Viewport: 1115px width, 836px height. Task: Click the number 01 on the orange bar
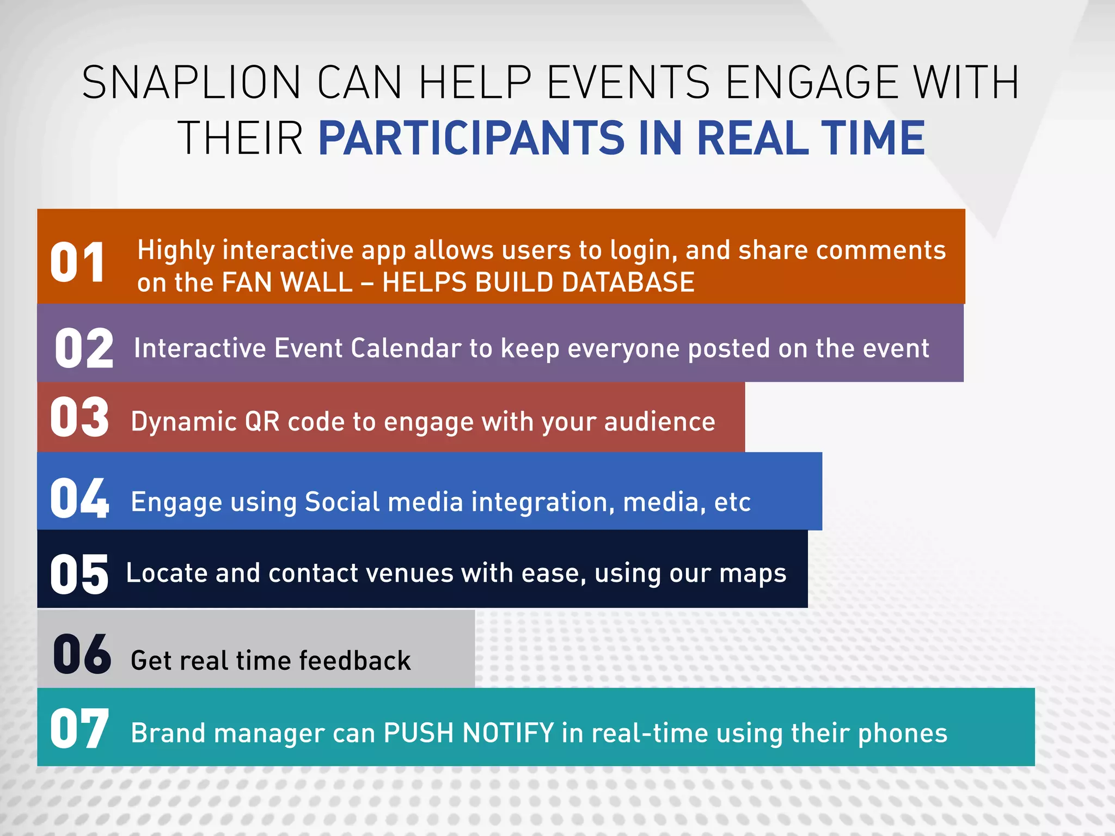point(77,263)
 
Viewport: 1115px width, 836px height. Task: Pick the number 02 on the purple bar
point(84,348)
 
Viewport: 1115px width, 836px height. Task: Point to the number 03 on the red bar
point(79,417)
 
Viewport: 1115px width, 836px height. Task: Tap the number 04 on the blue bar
point(79,497)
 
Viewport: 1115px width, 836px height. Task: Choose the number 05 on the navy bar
point(79,574)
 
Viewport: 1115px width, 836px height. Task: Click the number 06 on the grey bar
point(82,654)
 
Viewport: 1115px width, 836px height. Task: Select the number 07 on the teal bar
point(79,729)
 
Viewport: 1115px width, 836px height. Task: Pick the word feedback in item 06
point(354,661)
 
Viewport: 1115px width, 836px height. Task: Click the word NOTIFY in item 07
point(507,733)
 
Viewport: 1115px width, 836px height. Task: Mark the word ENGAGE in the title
point(811,83)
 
